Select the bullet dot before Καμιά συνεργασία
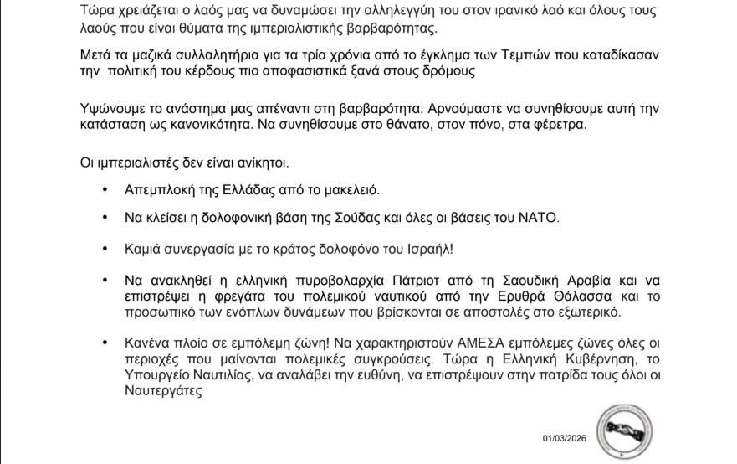(105, 250)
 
